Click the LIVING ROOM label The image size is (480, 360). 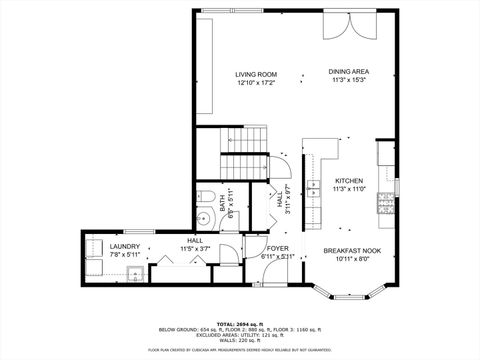click(x=256, y=75)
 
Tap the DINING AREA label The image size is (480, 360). click(x=349, y=72)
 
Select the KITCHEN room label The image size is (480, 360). click(x=349, y=180)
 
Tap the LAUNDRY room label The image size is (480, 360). click(x=125, y=246)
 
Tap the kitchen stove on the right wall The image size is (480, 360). click(x=382, y=205)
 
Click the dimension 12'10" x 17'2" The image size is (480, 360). click(x=256, y=83)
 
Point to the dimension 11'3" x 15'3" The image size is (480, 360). click(x=349, y=80)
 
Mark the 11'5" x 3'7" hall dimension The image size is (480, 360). click(x=194, y=248)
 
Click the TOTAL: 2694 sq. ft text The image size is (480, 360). click(x=239, y=324)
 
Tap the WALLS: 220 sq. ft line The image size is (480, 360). click(x=239, y=341)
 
